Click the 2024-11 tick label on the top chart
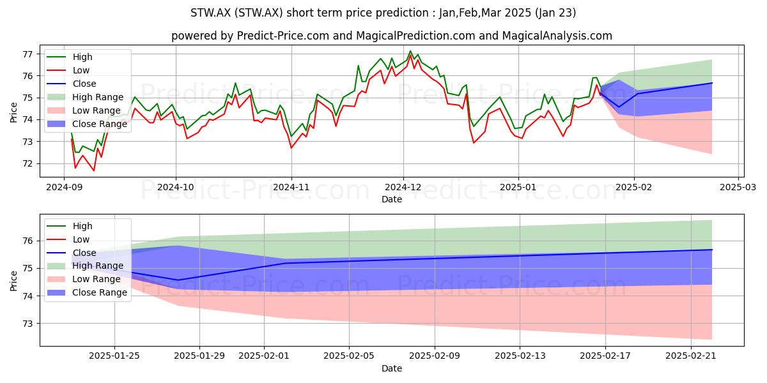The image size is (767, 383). point(291,188)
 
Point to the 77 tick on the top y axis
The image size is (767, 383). point(27,54)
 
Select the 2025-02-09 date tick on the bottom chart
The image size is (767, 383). point(435,356)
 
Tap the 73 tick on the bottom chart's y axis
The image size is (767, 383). point(27,324)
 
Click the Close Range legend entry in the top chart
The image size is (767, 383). point(87,124)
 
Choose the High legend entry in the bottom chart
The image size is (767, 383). point(70,226)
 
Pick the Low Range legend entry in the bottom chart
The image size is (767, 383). point(84,279)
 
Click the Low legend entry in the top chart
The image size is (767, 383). point(68,70)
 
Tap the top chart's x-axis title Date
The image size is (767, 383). point(392,199)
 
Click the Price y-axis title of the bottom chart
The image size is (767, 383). point(13,281)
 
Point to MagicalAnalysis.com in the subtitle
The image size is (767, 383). point(557,36)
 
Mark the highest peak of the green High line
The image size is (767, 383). point(410,51)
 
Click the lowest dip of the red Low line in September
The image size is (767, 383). point(94,170)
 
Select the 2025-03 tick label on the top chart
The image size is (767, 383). point(738,188)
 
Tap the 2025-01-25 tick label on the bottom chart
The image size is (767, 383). point(114,356)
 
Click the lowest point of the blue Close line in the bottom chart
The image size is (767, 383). point(178,280)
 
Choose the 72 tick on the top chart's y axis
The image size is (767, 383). point(27,163)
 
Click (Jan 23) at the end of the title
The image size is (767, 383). point(555,13)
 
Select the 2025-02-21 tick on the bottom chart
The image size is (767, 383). point(691,356)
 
